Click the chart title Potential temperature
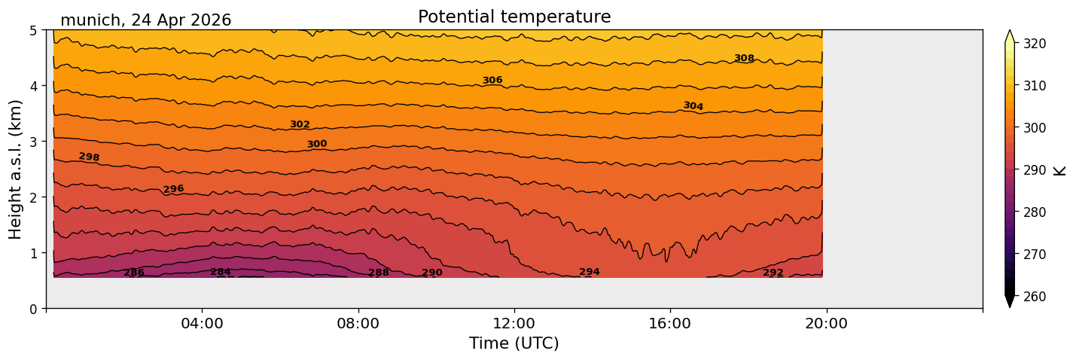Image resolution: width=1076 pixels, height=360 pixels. pos(514,17)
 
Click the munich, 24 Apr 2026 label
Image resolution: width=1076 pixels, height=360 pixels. pos(145,20)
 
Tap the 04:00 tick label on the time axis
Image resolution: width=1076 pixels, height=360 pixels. pos(202,323)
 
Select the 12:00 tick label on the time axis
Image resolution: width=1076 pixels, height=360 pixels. pos(514,323)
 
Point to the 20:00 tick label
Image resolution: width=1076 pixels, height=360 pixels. pos(826,323)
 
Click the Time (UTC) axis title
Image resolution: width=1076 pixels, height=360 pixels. pos(514,343)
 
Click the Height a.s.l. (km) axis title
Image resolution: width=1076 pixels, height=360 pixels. pos(15,169)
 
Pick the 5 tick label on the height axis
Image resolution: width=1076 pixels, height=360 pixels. pos(33,31)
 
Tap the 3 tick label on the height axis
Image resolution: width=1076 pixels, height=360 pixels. pos(33,142)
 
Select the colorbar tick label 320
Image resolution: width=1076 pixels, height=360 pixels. pos(1035,44)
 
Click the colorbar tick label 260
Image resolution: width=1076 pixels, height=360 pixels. pos(1035,297)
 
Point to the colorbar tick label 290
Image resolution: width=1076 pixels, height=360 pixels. pos(1035,170)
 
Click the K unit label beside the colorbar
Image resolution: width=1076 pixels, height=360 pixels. pos(1059,171)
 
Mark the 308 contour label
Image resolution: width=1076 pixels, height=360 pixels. pos(744,58)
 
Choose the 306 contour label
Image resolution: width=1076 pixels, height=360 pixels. pos(492,81)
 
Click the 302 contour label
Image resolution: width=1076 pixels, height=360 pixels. pos(300,124)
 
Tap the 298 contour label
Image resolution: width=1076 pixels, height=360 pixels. pos(89,157)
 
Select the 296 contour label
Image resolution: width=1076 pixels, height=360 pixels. pos(173,189)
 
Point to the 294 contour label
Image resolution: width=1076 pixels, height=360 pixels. pos(590,272)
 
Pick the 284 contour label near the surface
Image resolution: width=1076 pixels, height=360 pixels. pos(221,272)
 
